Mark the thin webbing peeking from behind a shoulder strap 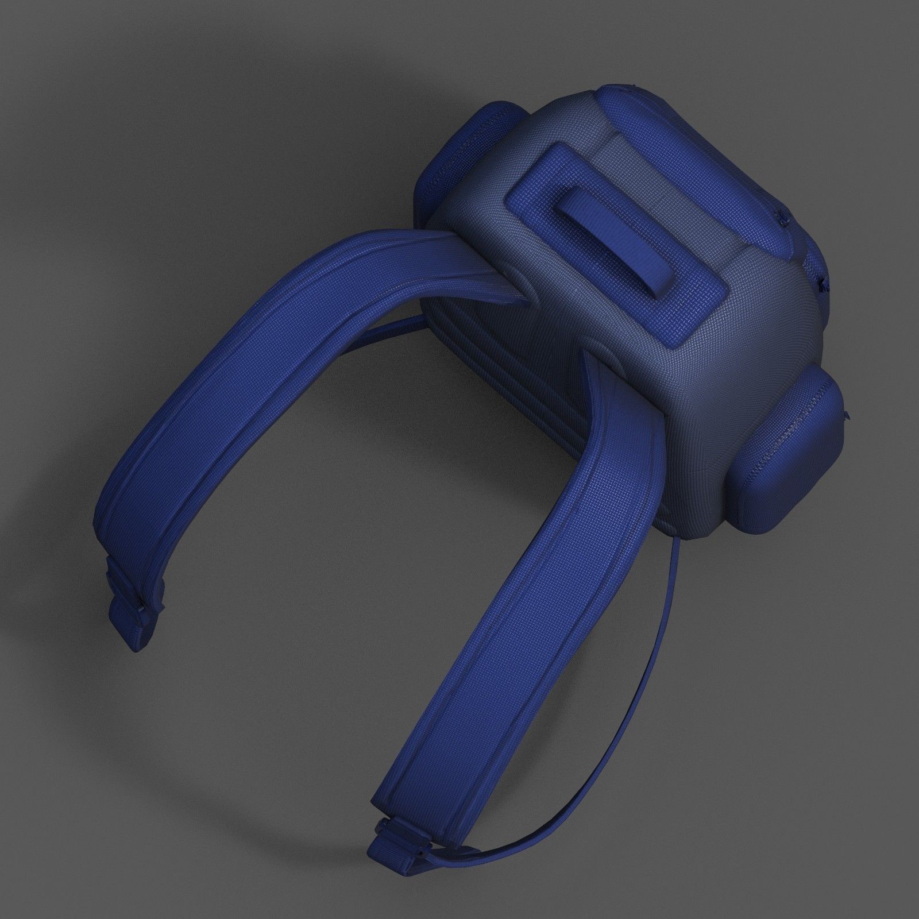click(x=379, y=333)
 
